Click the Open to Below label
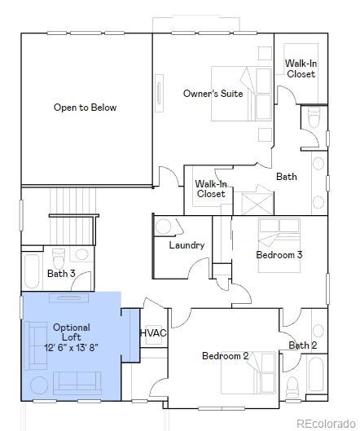click(85, 108)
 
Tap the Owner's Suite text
click(213, 94)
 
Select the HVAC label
click(153, 333)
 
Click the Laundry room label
click(187, 245)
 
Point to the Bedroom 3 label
click(279, 254)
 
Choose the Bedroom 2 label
click(226, 356)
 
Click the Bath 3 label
click(61, 274)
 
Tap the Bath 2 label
click(302, 345)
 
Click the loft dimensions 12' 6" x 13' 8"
click(71, 347)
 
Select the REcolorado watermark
click(326, 423)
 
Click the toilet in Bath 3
click(59, 258)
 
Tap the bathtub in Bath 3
click(32, 271)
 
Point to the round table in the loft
click(39, 385)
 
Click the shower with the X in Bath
click(257, 204)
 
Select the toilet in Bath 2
click(292, 387)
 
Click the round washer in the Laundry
click(163, 226)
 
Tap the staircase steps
click(72, 201)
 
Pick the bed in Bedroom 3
click(279, 245)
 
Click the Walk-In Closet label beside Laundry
click(211, 189)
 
